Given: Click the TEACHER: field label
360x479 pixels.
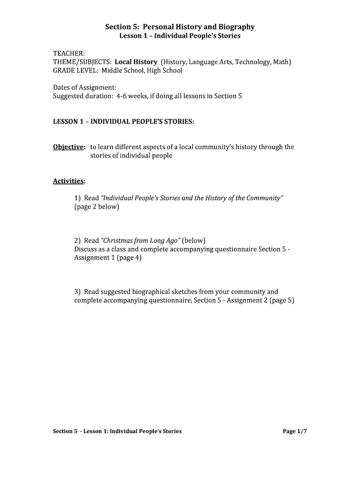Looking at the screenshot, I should (x=68, y=53).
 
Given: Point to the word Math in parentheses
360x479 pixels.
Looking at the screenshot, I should (x=282, y=62).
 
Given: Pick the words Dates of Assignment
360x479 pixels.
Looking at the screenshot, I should (x=85, y=87).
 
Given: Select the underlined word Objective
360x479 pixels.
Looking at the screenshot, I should (x=68, y=147).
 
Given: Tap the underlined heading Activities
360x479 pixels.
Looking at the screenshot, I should (x=68, y=181).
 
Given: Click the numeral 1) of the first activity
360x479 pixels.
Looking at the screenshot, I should (x=78, y=198).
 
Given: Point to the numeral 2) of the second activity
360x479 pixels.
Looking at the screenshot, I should (x=78, y=240).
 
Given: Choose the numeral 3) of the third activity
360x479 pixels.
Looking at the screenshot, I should (x=78, y=291).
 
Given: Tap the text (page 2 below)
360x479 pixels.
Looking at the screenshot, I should (x=97, y=206).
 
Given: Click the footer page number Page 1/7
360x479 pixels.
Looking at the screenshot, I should (x=295, y=431).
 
